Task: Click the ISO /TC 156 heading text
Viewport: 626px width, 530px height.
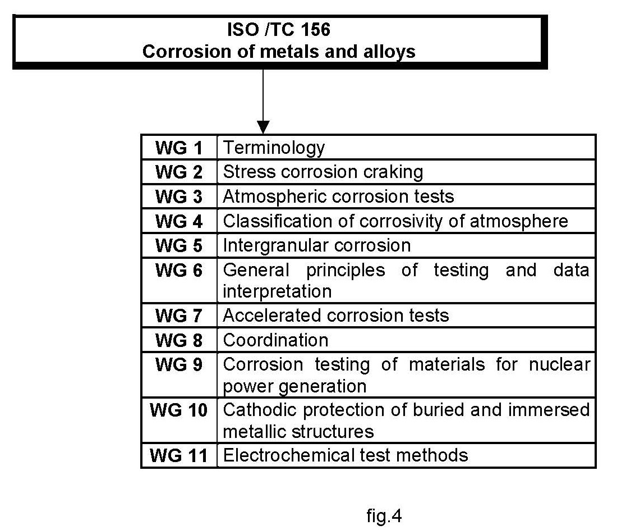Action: pos(279,30)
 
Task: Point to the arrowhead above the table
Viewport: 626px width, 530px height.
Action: pos(263,127)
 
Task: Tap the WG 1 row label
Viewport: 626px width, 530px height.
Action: pos(179,148)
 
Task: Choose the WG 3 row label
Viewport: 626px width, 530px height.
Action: pos(179,197)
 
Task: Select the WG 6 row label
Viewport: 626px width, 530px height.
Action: pos(179,270)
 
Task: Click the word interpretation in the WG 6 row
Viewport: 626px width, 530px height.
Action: pos(277,292)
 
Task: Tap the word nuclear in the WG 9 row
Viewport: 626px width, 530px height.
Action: pos(559,364)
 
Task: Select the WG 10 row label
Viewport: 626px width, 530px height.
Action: pos(179,410)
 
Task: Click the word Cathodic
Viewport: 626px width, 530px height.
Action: pos(260,410)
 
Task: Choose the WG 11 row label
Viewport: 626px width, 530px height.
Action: pos(179,456)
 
